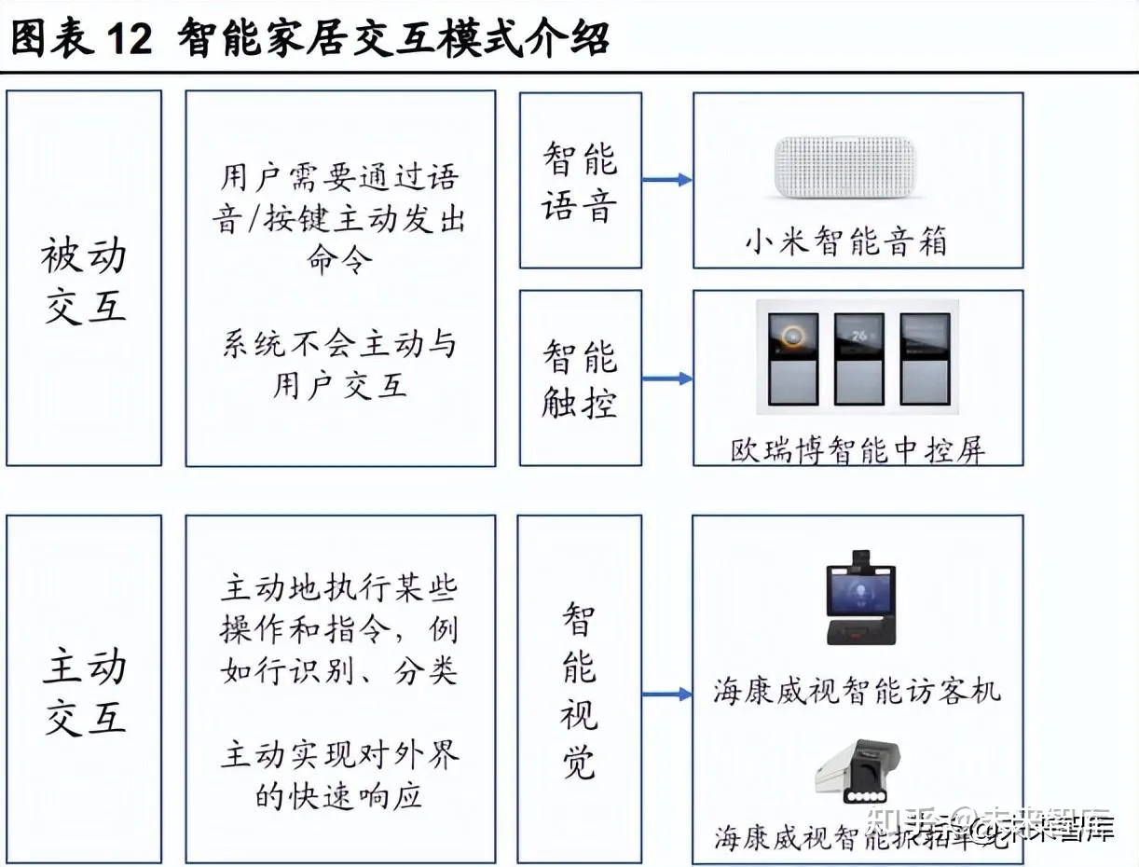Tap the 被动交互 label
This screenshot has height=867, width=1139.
point(84,281)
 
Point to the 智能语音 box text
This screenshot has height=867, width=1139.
point(580,182)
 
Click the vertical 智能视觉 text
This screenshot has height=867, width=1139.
point(579,691)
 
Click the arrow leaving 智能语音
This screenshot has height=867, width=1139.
point(666,180)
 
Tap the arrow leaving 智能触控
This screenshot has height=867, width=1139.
point(666,378)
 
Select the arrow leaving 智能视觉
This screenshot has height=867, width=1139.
point(666,695)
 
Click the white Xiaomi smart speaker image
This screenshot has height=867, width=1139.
point(846,168)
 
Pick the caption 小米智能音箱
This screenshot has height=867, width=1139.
point(846,243)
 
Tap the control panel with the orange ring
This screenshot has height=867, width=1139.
point(793,358)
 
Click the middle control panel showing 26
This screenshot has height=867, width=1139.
point(858,358)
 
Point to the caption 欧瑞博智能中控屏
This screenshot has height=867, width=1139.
point(858,450)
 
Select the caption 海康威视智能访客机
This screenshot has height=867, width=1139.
point(858,692)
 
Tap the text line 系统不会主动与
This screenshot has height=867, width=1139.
point(339,345)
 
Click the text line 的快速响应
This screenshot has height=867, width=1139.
point(339,795)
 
